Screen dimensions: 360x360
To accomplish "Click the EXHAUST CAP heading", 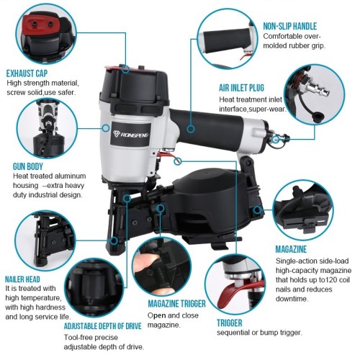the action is coord(27,73).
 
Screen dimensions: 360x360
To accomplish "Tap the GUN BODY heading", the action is coord(28,166).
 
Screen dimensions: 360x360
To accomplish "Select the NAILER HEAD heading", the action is coord(22,279).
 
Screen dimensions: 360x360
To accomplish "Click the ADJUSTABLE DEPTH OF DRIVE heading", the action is coord(103,326).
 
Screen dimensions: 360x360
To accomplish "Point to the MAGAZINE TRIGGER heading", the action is coord(176,304).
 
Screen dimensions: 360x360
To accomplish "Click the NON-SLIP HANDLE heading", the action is coord(290,26).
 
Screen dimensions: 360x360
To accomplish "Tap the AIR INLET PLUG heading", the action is coord(241,88).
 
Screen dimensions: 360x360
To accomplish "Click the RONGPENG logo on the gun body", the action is coord(131,134).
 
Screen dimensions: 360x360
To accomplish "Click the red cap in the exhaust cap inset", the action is coord(40,24).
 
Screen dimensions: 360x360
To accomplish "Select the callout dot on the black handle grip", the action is coord(191,129).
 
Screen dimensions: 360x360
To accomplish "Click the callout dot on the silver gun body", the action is coord(106,128).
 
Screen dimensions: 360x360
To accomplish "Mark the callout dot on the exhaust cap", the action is coord(125,70).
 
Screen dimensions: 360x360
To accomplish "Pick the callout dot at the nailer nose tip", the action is coord(114,240).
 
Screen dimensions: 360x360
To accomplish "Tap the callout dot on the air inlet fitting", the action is coord(276,138).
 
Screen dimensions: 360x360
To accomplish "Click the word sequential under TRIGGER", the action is coord(233,333).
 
